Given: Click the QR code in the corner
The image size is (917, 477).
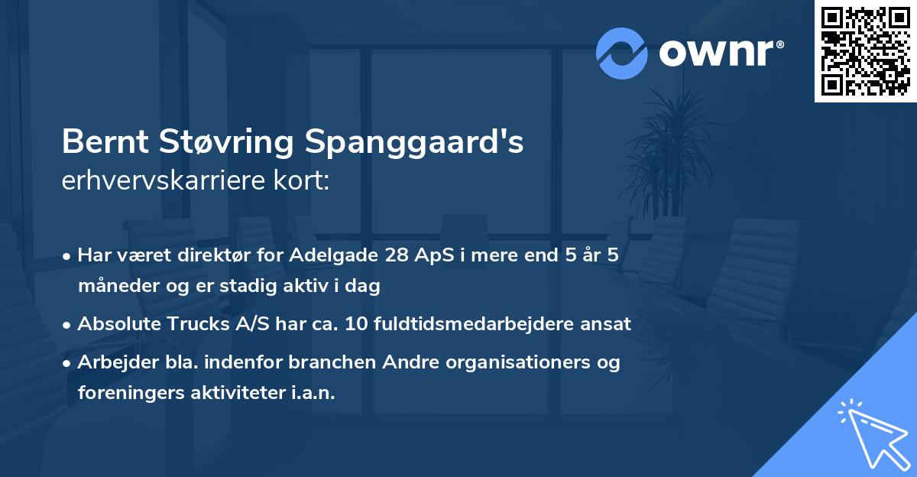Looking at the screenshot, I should (865, 51).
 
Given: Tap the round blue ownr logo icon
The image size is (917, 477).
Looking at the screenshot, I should (622, 54).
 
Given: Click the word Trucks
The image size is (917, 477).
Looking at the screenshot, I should (192, 324).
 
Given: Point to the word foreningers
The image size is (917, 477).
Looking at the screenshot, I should (125, 393).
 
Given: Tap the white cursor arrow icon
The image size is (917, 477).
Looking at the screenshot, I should (871, 432).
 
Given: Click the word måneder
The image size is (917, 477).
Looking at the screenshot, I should (115, 286).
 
